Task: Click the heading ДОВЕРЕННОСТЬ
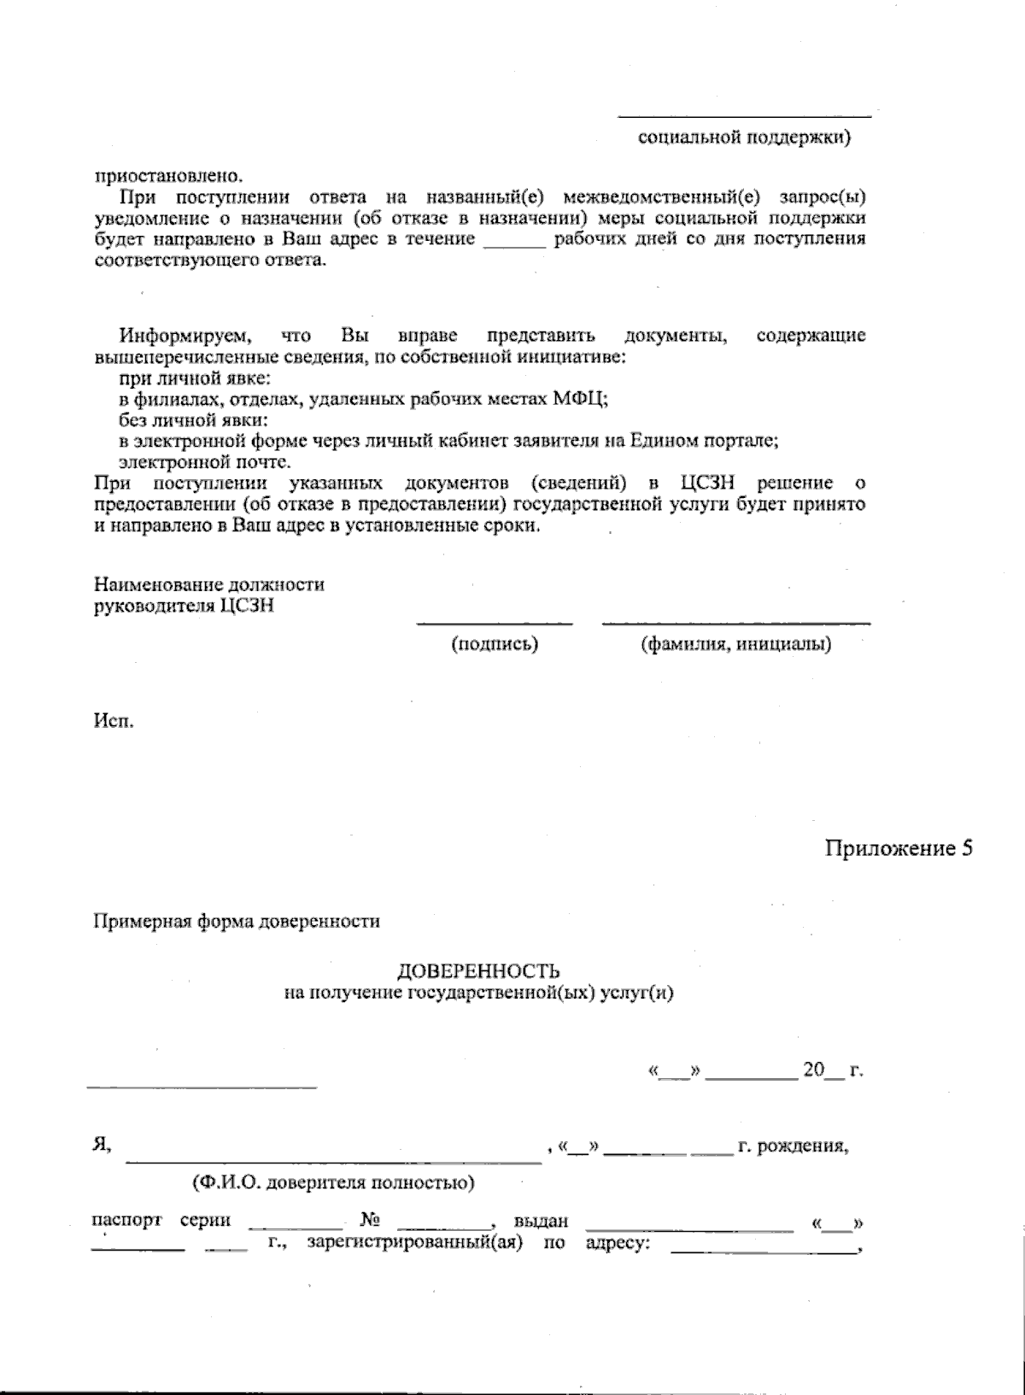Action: coord(478,971)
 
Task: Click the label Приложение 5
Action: coord(899,848)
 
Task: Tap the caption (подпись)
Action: coord(495,644)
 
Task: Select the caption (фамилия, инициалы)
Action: coord(735,644)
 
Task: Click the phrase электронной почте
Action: coord(204,463)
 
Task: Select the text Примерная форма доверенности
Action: coord(236,922)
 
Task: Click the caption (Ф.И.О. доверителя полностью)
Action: coord(333,1183)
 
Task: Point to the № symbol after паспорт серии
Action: coord(370,1221)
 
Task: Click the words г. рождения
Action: coord(793,1146)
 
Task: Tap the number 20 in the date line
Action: coord(812,1070)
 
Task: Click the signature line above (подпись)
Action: coord(494,624)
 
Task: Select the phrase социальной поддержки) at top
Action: coord(744,137)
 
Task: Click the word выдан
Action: coord(541,1222)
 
